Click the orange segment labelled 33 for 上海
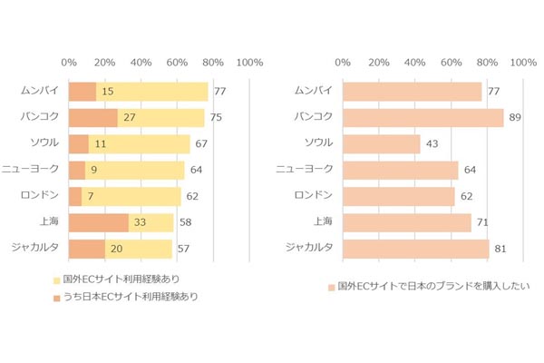pyautogui.click(x=98, y=222)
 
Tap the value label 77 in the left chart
pyautogui.click(x=219, y=92)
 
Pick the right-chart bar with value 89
pyautogui.click(x=423, y=118)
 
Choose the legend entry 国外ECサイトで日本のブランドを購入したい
pyautogui.click(x=426, y=287)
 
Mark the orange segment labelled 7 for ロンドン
pyautogui.click(x=75, y=196)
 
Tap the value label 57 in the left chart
pyautogui.click(x=183, y=248)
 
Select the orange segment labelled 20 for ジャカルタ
pyautogui.click(x=87, y=248)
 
